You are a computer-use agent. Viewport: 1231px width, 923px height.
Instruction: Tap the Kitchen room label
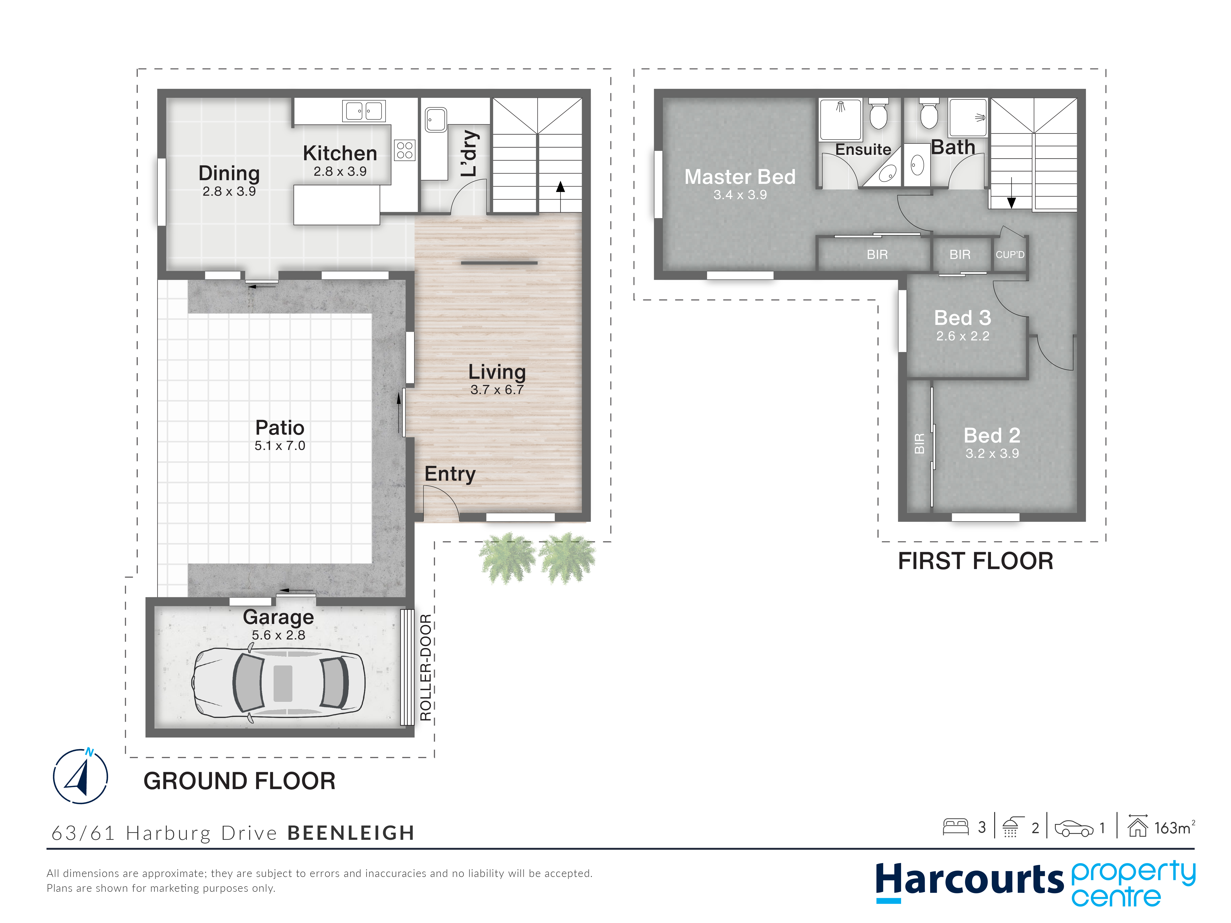click(340, 153)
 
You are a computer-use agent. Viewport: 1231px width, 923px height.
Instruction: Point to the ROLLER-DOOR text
click(426, 668)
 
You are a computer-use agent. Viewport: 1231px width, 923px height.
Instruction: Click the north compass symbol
click(81, 776)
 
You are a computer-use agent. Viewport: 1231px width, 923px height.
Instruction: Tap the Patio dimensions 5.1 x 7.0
click(280, 446)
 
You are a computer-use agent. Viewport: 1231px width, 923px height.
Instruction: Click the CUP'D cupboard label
click(1010, 255)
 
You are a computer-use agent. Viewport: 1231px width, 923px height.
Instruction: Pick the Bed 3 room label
click(963, 318)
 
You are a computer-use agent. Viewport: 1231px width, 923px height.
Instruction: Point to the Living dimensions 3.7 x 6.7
click(497, 390)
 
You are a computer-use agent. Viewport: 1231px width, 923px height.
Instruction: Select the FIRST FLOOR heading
click(975, 561)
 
